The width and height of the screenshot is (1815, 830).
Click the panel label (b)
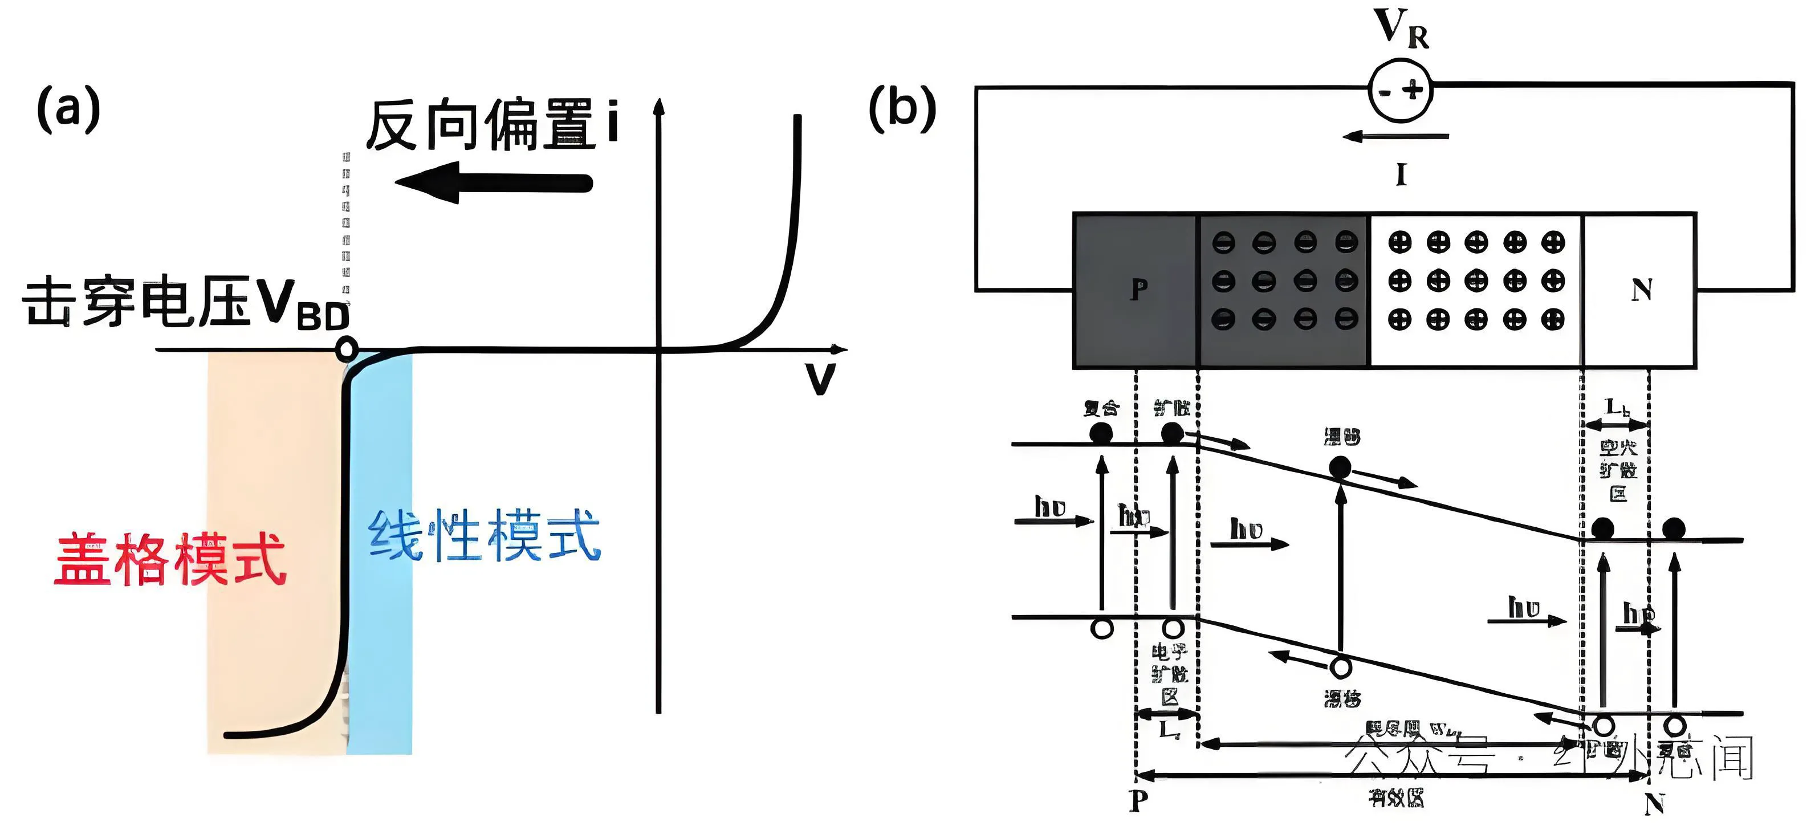902,109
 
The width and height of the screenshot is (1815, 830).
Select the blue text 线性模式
485,535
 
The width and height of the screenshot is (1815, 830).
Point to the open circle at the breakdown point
347,349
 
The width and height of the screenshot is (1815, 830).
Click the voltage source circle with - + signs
1401,90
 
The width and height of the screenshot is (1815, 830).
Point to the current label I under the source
1401,174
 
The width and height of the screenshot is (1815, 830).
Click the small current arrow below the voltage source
1395,137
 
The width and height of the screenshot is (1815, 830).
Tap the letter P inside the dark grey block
1138,289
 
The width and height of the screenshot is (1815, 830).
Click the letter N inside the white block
1642,290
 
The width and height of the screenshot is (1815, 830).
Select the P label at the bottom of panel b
1138,801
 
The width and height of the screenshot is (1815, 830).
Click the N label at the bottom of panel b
1654,803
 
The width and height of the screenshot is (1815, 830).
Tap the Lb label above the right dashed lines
1617,407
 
